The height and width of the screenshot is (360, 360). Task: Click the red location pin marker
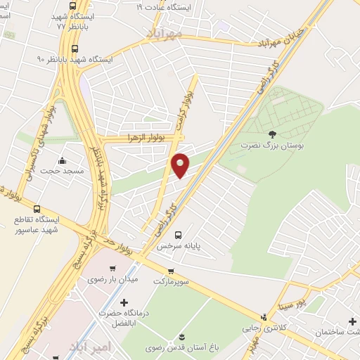click(x=181, y=165)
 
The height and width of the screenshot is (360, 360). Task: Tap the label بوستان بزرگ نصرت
click(x=273, y=144)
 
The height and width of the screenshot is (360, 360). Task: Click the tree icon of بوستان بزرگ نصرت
click(x=273, y=134)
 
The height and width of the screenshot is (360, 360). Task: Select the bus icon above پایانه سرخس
click(x=178, y=236)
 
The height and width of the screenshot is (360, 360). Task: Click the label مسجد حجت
click(x=62, y=170)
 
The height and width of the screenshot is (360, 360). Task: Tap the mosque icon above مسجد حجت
click(x=63, y=160)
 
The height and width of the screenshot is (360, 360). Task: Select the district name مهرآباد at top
click(x=165, y=33)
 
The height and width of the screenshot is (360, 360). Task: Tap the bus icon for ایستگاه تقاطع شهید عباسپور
click(x=37, y=209)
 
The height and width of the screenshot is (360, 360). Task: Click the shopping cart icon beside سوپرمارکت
click(x=170, y=271)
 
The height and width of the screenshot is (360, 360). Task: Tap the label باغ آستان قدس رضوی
click(x=183, y=347)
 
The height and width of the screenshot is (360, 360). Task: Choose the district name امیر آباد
click(x=89, y=347)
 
